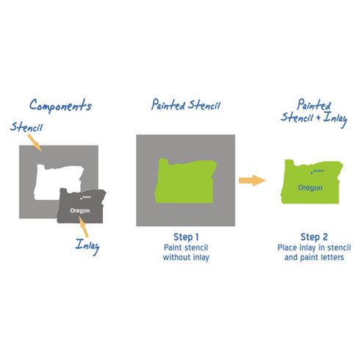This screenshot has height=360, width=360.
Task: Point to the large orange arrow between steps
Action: [252, 179]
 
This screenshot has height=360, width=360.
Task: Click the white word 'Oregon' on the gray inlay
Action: [80, 210]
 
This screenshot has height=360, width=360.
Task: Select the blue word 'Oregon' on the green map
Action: [310, 187]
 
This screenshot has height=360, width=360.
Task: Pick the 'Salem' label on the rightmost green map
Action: [317, 171]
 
